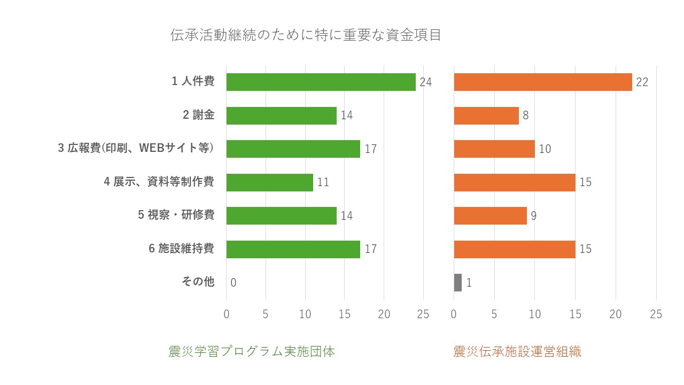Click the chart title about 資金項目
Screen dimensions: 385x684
306,35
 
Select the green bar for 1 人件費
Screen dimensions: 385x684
321,82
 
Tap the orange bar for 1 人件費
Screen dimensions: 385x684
543,82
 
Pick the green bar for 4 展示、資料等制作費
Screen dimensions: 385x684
269,182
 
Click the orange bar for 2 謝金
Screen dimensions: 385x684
486,115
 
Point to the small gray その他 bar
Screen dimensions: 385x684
458,282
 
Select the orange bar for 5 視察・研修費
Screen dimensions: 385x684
490,215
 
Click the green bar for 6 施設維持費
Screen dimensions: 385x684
293,249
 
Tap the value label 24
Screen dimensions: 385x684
425,82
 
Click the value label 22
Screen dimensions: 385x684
642,82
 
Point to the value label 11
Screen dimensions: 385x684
323,182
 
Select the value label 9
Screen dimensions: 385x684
533,216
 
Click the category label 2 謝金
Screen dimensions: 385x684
198,115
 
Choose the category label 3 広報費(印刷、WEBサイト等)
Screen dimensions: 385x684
136,149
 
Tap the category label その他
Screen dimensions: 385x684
198,282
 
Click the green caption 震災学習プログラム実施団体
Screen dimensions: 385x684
252,352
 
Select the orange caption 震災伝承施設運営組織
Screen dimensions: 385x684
517,352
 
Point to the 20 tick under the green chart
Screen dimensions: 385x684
384,314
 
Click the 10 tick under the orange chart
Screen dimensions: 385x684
535,314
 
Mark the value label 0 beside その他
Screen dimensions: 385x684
234,283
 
